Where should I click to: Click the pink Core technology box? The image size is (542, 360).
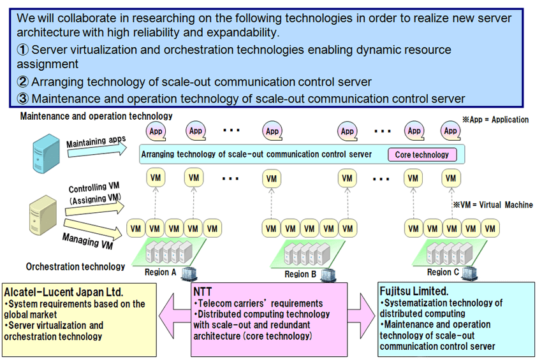[421, 154]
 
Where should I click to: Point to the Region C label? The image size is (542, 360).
[439, 272]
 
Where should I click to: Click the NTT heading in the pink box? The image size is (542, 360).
[203, 292]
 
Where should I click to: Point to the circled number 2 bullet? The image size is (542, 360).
[24, 82]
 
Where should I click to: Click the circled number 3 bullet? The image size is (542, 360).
[24, 99]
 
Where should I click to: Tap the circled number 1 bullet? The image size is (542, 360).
[24, 50]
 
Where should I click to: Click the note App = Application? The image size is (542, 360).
[495, 119]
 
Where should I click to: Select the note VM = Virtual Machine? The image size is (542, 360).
[492, 205]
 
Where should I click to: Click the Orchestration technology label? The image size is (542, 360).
[75, 266]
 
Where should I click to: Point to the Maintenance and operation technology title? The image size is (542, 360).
[96, 117]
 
